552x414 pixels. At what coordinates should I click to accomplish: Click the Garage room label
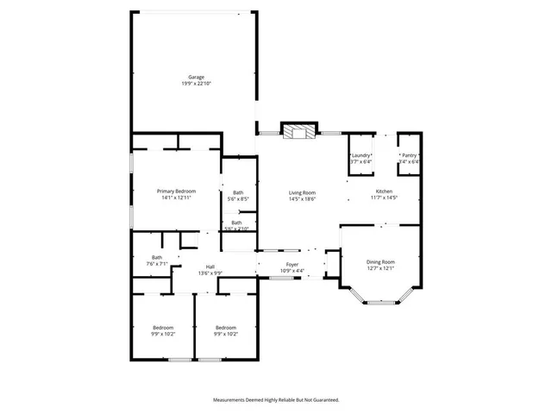coord(196,77)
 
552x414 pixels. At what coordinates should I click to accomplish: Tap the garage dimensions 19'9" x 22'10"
coord(196,84)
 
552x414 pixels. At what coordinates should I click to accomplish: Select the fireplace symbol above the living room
coord(301,132)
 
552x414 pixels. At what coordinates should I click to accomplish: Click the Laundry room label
coord(360,155)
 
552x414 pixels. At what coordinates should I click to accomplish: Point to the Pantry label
coord(409,155)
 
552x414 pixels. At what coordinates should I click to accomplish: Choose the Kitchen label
coord(384,191)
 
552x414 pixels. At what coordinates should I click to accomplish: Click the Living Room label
coord(302,192)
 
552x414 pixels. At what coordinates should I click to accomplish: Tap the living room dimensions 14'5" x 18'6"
coord(302,199)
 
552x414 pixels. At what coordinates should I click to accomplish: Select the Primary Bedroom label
coord(176,191)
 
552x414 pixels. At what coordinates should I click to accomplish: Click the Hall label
coord(210,267)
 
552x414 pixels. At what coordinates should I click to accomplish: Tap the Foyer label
coord(292,265)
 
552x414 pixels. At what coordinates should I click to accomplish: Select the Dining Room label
coord(380,261)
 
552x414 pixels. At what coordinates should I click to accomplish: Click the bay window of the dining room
coord(379,302)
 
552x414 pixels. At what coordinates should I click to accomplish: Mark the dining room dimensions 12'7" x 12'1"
coord(380,268)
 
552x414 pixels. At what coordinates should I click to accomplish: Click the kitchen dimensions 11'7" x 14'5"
coord(384,198)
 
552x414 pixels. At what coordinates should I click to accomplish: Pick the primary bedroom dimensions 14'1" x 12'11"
coord(176,198)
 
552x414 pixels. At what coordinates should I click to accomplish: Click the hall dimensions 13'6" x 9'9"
coord(210,273)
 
